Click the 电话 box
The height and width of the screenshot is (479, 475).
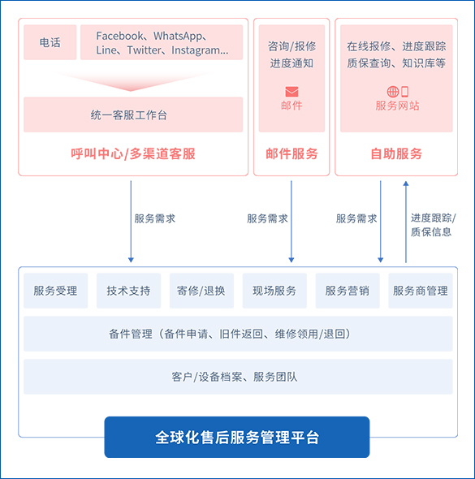coord(50,42)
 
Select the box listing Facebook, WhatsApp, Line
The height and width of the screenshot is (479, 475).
coord(162,42)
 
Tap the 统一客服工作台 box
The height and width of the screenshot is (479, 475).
coord(133,114)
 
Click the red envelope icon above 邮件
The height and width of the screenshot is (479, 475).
coord(291,92)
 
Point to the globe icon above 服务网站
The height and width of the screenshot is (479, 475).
coord(393,92)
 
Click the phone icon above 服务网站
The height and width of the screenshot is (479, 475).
coord(404,92)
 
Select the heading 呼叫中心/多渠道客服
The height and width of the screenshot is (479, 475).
coord(133,153)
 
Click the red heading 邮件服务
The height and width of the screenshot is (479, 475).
coord(291,153)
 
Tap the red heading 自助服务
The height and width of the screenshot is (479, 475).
coord(396,153)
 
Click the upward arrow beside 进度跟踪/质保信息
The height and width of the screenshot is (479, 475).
coord(406,222)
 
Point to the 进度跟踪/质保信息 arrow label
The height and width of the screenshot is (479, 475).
coord(433,225)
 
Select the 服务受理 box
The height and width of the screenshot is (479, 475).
coord(55,291)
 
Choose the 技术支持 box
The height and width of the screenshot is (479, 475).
coord(128,291)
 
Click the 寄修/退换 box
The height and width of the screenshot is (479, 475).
coord(201,291)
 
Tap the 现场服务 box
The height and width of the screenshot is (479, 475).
coord(274,291)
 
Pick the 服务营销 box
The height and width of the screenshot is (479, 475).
coord(348,291)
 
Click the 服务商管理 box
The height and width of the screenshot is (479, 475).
coord(421,291)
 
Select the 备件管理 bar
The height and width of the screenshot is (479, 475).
coord(238,334)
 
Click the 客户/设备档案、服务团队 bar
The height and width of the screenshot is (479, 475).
coord(238,377)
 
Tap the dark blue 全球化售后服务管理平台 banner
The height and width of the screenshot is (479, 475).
coord(237,437)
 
